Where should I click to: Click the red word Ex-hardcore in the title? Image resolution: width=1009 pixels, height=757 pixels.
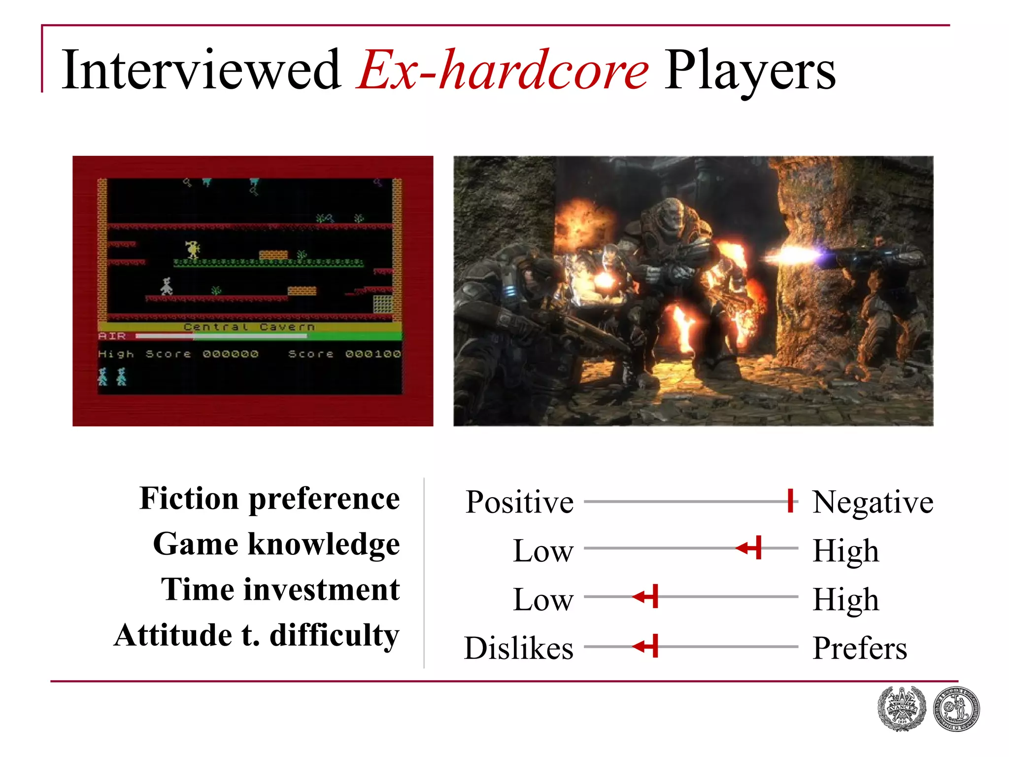pos(503,71)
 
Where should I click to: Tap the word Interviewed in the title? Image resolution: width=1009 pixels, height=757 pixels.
pos(201,71)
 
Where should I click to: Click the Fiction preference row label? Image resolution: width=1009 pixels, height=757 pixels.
pos(269,499)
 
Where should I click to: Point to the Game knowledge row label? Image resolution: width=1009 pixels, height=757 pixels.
pos(276,545)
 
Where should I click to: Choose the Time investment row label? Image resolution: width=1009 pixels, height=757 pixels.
pos(280,590)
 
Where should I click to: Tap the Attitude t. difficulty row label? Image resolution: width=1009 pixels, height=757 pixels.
pos(257,635)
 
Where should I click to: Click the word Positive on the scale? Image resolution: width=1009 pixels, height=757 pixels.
pos(520,502)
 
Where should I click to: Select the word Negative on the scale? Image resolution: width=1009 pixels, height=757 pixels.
pos(873,502)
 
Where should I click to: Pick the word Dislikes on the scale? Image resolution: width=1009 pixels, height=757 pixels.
pos(519,648)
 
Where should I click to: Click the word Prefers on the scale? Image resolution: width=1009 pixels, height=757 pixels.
pos(860,648)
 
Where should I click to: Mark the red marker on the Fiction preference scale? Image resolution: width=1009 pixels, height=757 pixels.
pos(790,501)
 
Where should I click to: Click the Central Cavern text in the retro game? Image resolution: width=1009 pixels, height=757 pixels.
pos(249,327)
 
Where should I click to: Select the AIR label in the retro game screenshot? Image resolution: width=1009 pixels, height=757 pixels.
pos(112,336)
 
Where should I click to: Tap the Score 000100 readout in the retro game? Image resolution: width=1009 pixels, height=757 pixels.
pos(344,354)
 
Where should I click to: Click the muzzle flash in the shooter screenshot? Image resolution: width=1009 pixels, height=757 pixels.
pos(793,256)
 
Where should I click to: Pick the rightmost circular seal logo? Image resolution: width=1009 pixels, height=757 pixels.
pos(956,709)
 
